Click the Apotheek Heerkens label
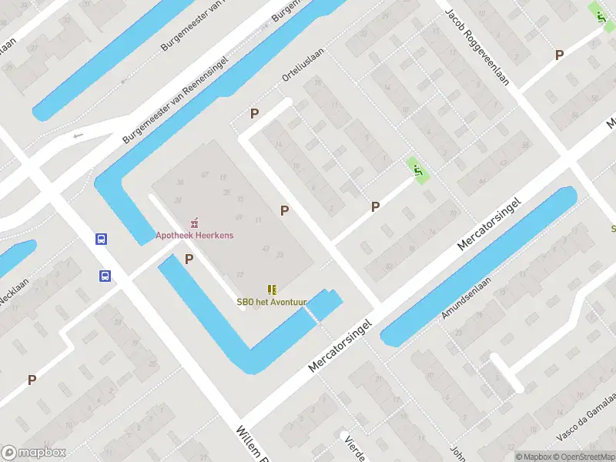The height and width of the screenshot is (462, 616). (194, 236)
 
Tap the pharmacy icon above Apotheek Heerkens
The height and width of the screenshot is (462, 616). (194, 223)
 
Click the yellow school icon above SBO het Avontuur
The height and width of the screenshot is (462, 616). (271, 289)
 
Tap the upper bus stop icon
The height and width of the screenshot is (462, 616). (101, 239)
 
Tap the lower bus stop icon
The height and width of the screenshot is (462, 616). (104, 276)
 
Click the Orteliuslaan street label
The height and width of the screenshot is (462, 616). (303, 65)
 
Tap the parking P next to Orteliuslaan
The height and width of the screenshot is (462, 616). (254, 114)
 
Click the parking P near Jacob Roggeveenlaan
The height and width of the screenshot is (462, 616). (560, 55)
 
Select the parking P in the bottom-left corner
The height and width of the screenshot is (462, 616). (32, 380)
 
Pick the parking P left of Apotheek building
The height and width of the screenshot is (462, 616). (189, 260)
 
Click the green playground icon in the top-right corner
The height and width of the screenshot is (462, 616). (597, 12)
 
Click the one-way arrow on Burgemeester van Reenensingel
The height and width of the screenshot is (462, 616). (77, 136)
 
